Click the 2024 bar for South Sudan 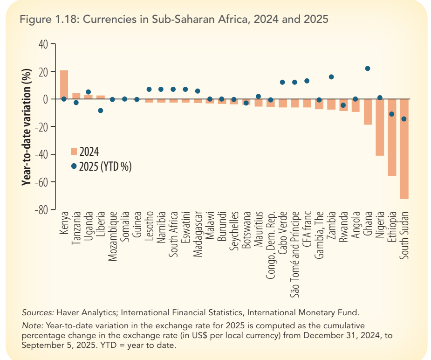(x=404, y=149)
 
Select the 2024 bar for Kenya (x=64, y=84)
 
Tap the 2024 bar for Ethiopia (x=392, y=137)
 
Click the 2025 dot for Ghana (x=368, y=69)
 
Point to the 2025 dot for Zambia (x=331, y=77)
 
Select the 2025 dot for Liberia (x=101, y=111)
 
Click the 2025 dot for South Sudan (x=404, y=119)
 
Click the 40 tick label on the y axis (x=42, y=44)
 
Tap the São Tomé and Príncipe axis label (x=295, y=254)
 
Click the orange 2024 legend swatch (x=74, y=151)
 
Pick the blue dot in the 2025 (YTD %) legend (x=74, y=166)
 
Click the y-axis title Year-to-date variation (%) (x=27, y=127)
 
